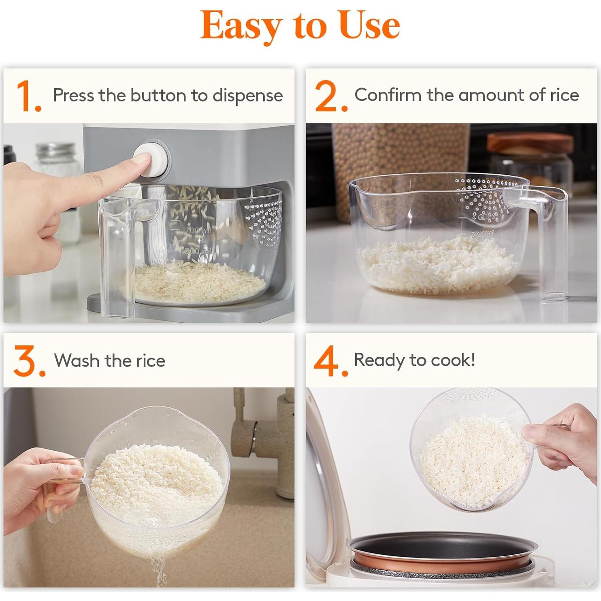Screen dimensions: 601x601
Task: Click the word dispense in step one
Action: (247, 96)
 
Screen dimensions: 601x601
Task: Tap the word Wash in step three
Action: (77, 360)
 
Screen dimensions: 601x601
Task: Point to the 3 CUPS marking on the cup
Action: (482, 234)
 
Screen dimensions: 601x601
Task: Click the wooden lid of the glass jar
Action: (530, 143)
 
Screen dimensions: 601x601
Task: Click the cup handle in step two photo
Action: (553, 243)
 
